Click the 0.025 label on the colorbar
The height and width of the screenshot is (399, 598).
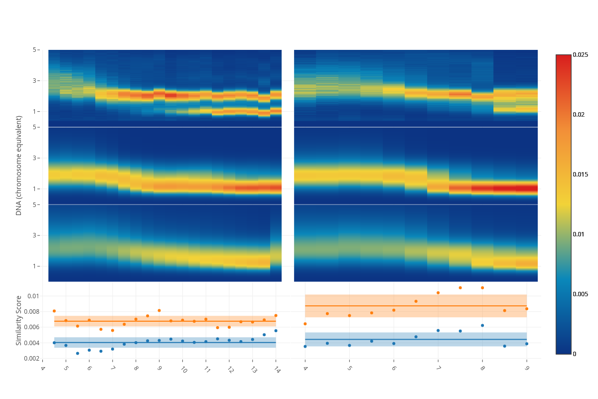click(x=581, y=54)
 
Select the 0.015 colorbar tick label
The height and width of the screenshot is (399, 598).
click(x=581, y=174)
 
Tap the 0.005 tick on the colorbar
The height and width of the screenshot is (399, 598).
click(x=581, y=294)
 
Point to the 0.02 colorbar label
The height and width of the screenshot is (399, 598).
click(x=579, y=114)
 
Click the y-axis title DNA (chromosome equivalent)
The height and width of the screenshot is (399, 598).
click(x=19, y=165)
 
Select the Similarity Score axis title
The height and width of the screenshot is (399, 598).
click(x=19, y=320)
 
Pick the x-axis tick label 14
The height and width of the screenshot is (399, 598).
click(x=275, y=370)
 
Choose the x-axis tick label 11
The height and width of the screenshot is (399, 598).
click(x=206, y=370)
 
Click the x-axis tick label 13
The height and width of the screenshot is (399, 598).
click(x=253, y=370)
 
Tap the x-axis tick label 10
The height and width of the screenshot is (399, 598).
click(x=183, y=370)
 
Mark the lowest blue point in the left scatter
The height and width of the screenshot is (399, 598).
click(x=77, y=353)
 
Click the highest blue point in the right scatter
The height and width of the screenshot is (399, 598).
click(x=482, y=325)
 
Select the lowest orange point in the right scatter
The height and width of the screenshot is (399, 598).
click(x=305, y=324)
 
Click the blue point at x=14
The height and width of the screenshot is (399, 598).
click(x=276, y=331)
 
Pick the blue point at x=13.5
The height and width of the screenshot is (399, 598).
click(x=264, y=335)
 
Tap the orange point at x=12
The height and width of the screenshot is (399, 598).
click(x=229, y=327)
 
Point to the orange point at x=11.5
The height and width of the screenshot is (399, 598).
click(x=217, y=328)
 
